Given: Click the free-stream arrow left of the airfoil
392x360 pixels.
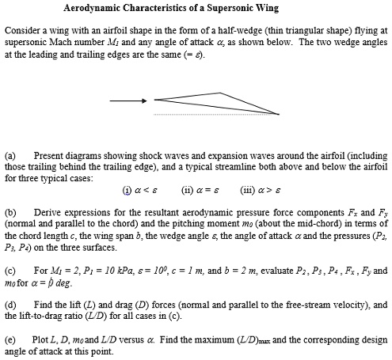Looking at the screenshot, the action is click(127, 100).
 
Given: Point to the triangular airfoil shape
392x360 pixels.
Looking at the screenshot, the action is click(214, 103).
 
